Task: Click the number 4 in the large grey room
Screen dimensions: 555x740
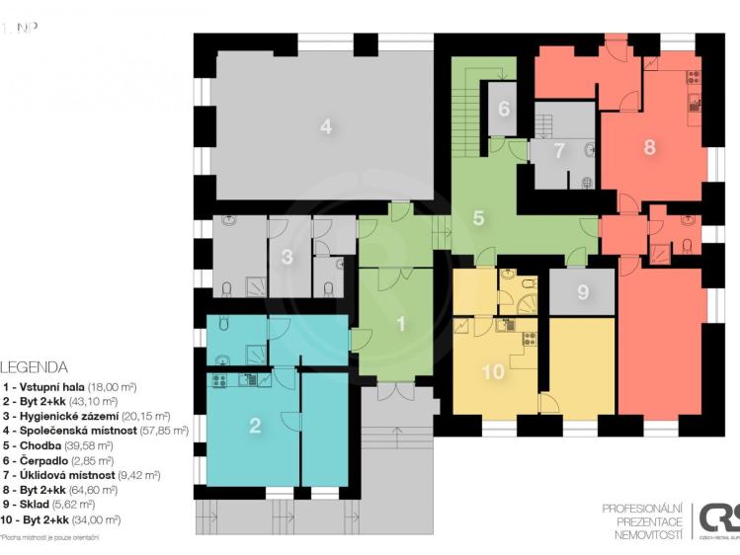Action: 324,125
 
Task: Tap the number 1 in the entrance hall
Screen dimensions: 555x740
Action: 401,323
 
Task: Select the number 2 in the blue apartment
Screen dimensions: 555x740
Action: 255,426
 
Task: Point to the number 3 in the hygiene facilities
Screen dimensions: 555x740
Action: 287,259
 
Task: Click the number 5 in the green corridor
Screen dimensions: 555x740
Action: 478,217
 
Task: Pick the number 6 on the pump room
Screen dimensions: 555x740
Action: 503,109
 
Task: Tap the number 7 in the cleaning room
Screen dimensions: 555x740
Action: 559,151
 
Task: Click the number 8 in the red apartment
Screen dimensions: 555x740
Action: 649,147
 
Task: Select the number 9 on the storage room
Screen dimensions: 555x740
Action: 582,292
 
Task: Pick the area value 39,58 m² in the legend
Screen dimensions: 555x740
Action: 94,445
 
